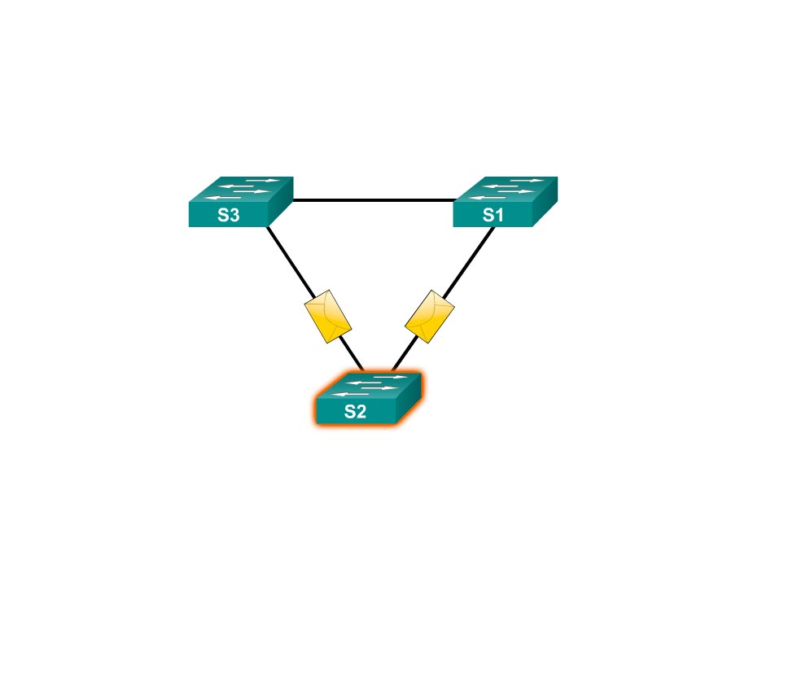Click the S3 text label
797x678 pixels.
click(229, 216)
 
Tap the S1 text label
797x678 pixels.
click(493, 216)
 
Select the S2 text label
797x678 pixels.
click(355, 412)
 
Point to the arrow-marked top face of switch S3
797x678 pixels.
click(240, 190)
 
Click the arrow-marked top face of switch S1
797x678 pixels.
click(505, 190)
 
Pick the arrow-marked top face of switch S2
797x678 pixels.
click(367, 386)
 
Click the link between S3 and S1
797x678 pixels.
click(373, 199)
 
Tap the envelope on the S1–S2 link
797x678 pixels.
click(430, 316)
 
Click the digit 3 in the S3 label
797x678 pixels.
click(235, 216)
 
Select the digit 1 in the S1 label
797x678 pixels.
click(500, 216)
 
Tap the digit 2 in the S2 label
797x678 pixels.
click(361, 412)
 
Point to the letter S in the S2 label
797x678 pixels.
click(349, 412)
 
